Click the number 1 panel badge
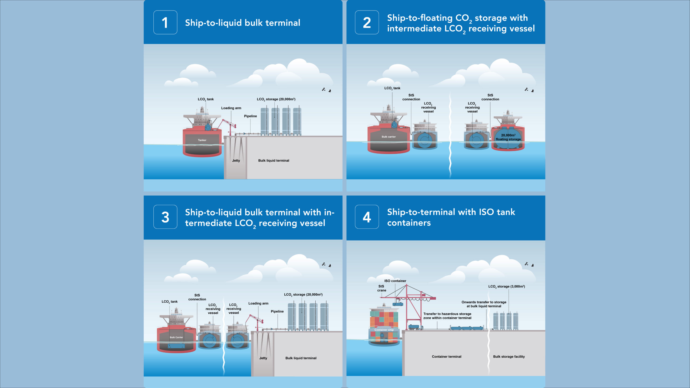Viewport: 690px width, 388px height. [165, 22]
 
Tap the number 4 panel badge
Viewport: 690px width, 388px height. [367, 217]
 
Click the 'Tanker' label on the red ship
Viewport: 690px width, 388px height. [202, 140]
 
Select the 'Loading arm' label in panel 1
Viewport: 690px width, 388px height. [231, 108]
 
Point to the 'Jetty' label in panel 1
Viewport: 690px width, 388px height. [236, 161]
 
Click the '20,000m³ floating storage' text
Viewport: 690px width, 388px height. [508, 137]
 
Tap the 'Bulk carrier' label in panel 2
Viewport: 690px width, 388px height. [388, 137]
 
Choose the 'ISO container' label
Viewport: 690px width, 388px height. [395, 281]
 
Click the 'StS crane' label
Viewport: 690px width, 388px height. [381, 288]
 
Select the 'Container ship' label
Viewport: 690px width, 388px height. [384, 330]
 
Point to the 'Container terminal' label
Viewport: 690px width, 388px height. [446, 357]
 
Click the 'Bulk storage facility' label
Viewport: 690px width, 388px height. [509, 357]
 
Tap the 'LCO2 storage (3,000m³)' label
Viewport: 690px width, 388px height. [506, 287]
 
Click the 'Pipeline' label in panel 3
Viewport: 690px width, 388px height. [277, 311]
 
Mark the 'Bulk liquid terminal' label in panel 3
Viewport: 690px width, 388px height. [301, 358]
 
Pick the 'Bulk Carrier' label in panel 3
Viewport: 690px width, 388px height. [176, 337]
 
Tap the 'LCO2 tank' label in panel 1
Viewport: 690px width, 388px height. [206, 99]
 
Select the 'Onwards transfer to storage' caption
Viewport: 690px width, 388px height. [484, 302]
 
